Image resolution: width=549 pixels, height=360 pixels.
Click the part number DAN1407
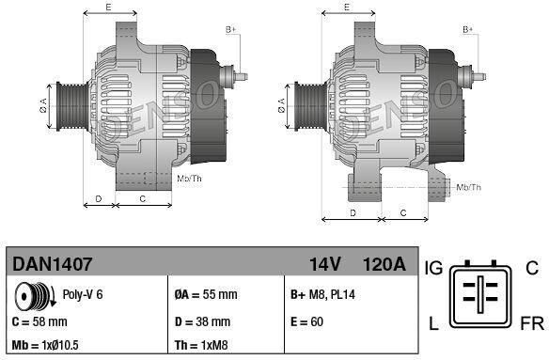click(52, 264)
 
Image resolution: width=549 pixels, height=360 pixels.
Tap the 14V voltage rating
click(324, 264)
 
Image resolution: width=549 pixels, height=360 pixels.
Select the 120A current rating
click(384, 264)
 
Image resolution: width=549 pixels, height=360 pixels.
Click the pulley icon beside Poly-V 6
click(34, 296)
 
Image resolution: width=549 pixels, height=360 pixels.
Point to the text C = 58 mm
click(39, 321)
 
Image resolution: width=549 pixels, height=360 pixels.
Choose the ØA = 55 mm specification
click(206, 294)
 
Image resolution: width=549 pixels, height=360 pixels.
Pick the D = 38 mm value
click(202, 321)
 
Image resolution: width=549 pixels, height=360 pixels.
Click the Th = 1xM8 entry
click(201, 345)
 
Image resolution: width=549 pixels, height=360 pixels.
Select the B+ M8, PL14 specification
click(322, 294)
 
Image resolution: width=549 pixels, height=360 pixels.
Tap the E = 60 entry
click(306, 321)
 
